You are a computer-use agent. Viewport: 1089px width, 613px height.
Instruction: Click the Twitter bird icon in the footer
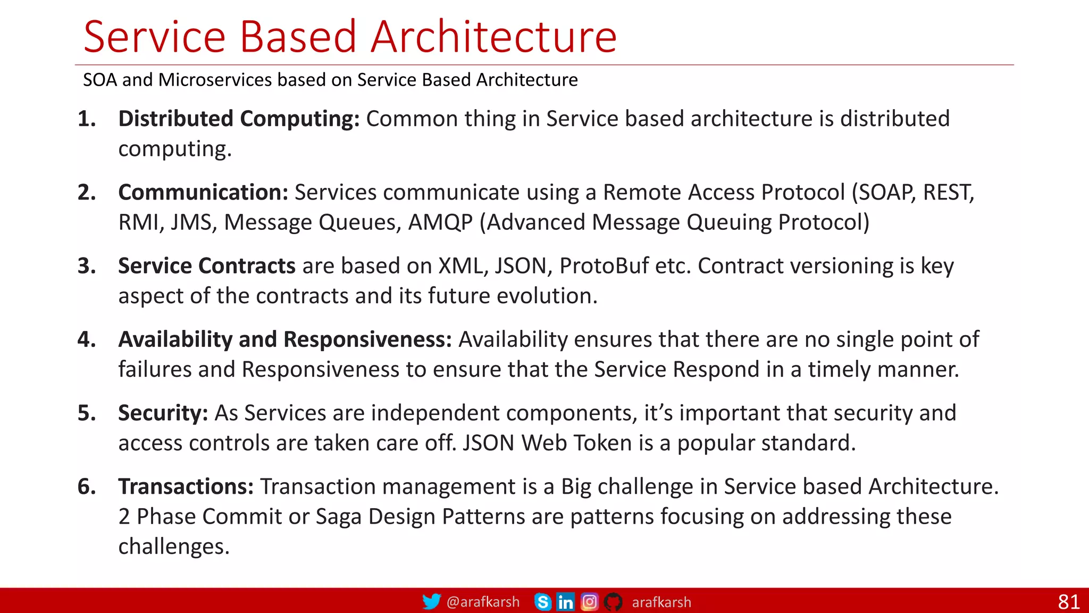pyautogui.click(x=431, y=601)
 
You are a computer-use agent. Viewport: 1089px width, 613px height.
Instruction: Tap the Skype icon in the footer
pyautogui.click(x=542, y=602)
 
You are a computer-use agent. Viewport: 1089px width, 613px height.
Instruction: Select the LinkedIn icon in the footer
pyautogui.click(x=565, y=602)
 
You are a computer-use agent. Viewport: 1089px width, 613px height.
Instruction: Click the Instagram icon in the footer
pyautogui.click(x=589, y=602)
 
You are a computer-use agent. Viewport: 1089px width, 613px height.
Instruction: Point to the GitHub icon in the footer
pyautogui.click(x=613, y=602)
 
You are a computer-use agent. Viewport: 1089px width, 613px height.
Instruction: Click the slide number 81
pyautogui.click(x=1068, y=602)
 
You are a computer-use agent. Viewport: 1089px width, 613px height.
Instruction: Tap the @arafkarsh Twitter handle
pyautogui.click(x=483, y=602)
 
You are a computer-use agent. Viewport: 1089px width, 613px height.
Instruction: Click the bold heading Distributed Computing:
pyautogui.click(x=239, y=119)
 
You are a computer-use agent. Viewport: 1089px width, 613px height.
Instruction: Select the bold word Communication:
pyautogui.click(x=203, y=192)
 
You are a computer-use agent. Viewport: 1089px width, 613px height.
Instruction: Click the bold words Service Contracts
pyautogui.click(x=206, y=266)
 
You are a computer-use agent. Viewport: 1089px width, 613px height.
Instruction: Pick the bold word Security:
pyautogui.click(x=163, y=413)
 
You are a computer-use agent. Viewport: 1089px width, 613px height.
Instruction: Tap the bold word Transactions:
pyautogui.click(x=186, y=486)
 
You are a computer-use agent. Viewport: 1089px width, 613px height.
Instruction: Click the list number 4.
pyautogui.click(x=86, y=339)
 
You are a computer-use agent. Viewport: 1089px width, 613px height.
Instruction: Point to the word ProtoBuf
pyautogui.click(x=604, y=266)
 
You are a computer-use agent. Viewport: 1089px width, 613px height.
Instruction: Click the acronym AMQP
pyautogui.click(x=440, y=222)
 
